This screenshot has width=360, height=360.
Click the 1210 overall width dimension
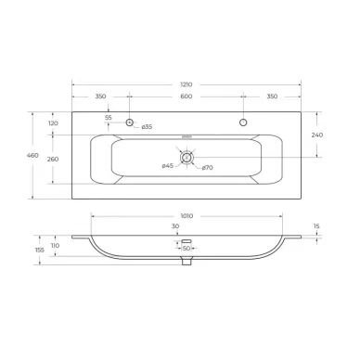point(186,84)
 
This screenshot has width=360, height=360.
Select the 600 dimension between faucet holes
point(186,96)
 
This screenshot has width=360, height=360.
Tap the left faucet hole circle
point(129,122)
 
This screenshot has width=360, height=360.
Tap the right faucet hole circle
point(243,122)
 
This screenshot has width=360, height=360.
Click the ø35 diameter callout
point(147,126)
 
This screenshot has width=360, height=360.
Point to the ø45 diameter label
point(168,166)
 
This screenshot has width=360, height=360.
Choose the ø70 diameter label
point(207,168)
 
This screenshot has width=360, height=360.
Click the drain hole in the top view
point(186,158)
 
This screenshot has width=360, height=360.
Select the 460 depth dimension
point(32,155)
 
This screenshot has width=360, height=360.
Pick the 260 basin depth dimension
point(53,160)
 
